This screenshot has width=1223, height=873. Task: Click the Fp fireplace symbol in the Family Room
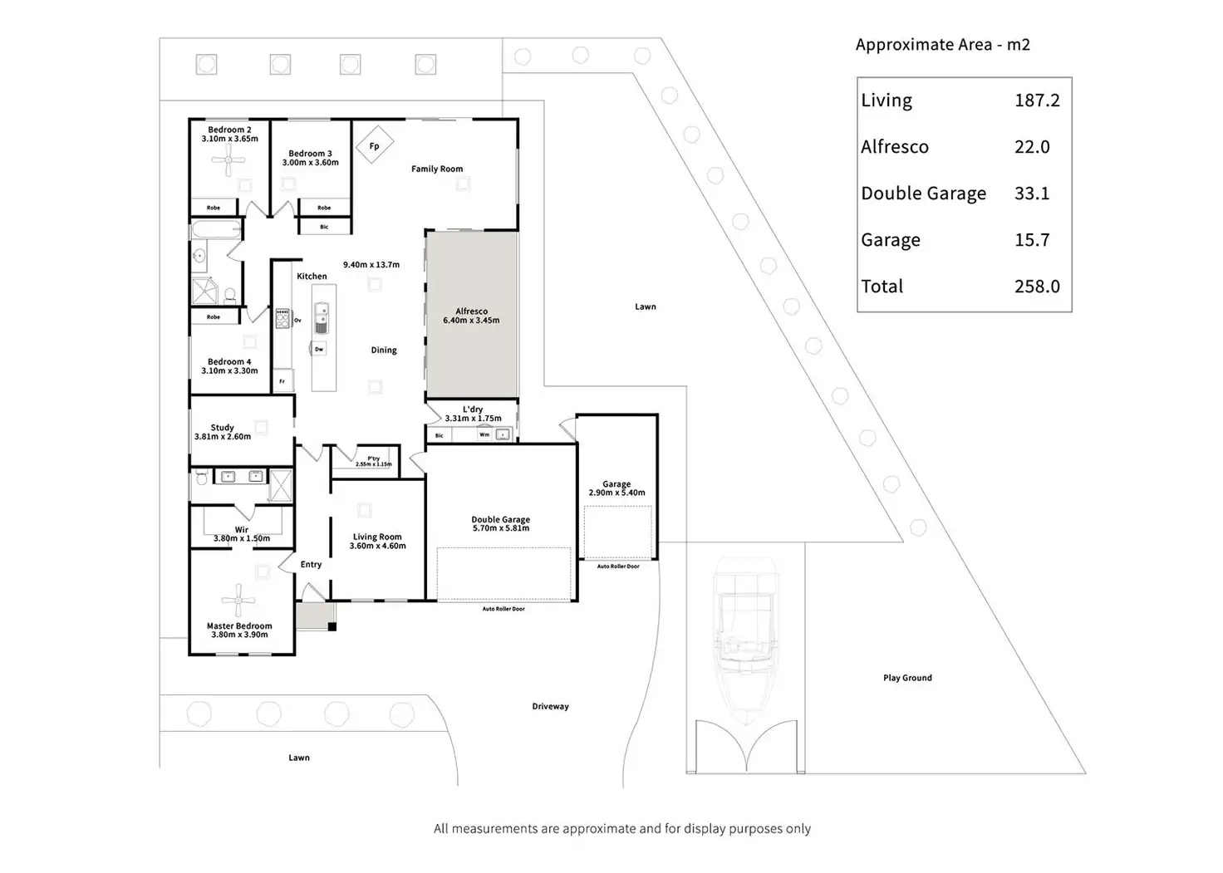374,146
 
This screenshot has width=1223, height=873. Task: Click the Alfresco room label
471,311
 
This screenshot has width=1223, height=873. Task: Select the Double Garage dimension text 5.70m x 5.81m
500,528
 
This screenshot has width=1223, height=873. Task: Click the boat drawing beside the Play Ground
745,640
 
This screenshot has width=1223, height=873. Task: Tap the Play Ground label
907,678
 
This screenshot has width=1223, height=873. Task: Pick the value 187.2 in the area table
1037,101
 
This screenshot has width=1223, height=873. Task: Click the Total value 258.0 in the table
1037,287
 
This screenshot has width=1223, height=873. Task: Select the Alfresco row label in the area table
895,147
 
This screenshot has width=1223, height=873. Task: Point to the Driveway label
550,707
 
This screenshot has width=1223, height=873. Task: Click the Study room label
222,428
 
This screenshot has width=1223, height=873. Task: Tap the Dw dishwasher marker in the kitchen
319,350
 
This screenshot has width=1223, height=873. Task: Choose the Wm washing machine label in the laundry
484,434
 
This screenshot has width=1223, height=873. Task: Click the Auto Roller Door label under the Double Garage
503,609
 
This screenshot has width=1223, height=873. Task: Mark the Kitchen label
312,277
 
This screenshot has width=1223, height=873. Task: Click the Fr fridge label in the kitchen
282,381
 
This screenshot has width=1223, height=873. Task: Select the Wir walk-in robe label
241,530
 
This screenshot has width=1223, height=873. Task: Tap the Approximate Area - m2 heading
942,45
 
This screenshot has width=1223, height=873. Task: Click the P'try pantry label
373,459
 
